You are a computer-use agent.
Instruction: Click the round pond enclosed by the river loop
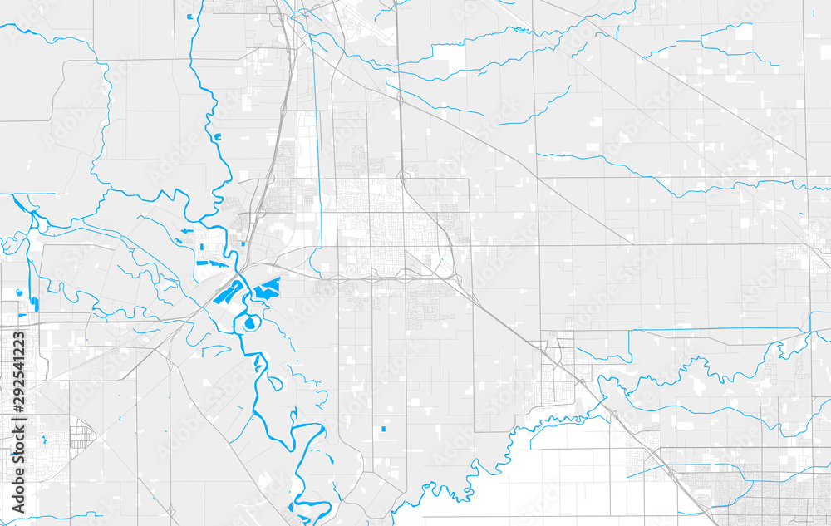pos(251,322)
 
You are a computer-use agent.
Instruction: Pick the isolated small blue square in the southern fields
pos(383,429)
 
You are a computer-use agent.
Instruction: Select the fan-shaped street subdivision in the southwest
pos(81,433)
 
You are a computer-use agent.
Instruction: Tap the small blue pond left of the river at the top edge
pos(190,17)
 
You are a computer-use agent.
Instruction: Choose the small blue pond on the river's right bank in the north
pos(218,136)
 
